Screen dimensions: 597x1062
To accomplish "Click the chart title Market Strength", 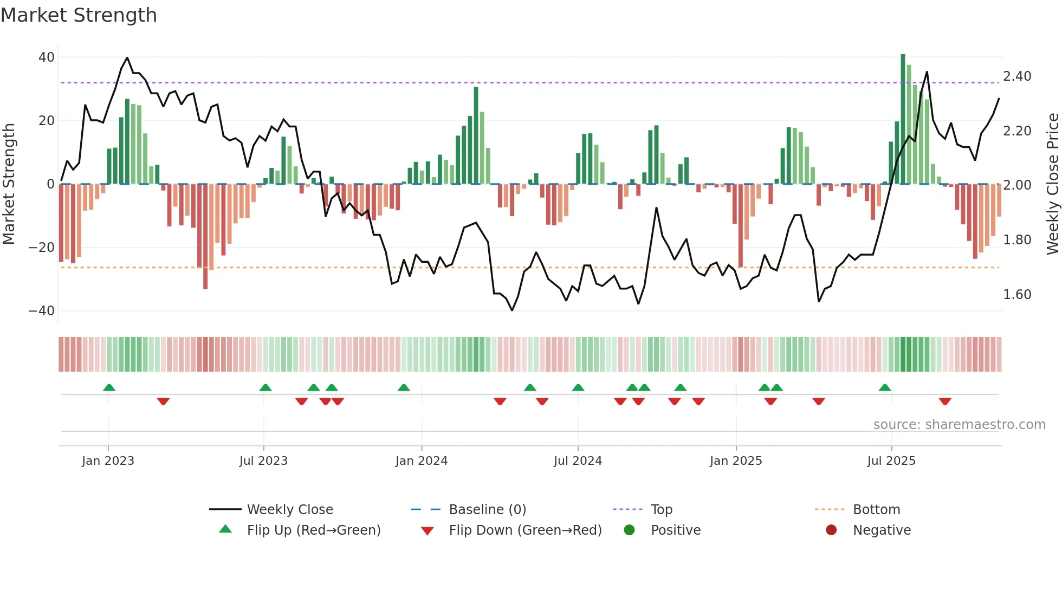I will pyautogui.click(x=79, y=15).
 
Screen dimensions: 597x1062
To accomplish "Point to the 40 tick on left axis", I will pyautogui.click(x=47, y=57).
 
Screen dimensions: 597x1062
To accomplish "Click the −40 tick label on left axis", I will pyautogui.click(x=42, y=311).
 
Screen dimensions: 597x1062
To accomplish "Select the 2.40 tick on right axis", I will pyautogui.click(x=1017, y=76).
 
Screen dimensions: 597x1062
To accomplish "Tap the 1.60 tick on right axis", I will pyautogui.click(x=1017, y=295).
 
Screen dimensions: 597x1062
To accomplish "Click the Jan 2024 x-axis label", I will pyautogui.click(x=421, y=461).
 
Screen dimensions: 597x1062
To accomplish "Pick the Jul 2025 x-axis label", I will pyautogui.click(x=891, y=461).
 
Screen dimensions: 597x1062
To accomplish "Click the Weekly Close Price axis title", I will pyautogui.click(x=1052, y=184).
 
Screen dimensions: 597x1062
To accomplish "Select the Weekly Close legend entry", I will pyautogui.click(x=290, y=510).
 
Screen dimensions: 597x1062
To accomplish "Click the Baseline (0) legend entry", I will pyautogui.click(x=487, y=510).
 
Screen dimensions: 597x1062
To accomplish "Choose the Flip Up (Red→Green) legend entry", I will pyautogui.click(x=313, y=530).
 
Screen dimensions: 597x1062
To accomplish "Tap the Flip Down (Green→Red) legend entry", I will pyautogui.click(x=525, y=530).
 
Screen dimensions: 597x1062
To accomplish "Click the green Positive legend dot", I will pyautogui.click(x=629, y=530).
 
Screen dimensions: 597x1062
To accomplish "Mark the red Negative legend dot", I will pyautogui.click(x=831, y=530).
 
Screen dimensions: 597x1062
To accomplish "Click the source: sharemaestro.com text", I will pyautogui.click(x=959, y=425).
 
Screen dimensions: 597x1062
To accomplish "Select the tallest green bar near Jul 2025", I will pyautogui.click(x=903, y=119).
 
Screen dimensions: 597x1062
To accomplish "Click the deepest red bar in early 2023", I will pyautogui.click(x=205, y=236).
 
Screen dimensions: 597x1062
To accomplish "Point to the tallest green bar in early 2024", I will pyautogui.click(x=476, y=135).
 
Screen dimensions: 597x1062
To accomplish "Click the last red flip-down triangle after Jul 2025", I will pyautogui.click(x=945, y=401).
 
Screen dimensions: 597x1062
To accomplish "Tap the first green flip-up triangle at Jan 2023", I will pyautogui.click(x=109, y=387).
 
